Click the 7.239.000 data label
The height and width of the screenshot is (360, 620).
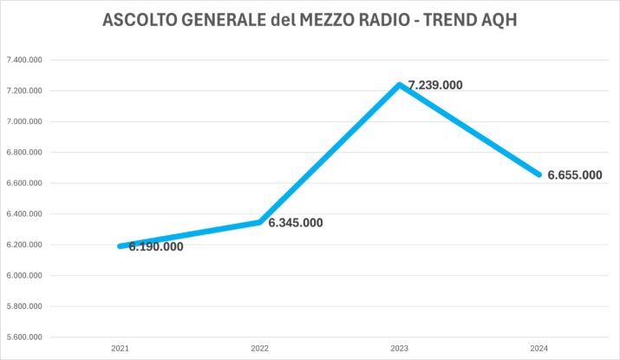pyautogui.click(x=435, y=85)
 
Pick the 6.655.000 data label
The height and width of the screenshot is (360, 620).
pyautogui.click(x=575, y=175)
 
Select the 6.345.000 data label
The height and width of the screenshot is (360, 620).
pyautogui.click(x=296, y=223)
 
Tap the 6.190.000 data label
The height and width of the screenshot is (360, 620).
pyautogui.click(x=156, y=246)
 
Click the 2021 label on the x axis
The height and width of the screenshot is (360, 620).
pyautogui.click(x=120, y=348)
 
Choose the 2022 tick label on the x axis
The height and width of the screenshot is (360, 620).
pyautogui.click(x=259, y=348)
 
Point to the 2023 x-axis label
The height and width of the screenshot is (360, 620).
pyautogui.click(x=400, y=348)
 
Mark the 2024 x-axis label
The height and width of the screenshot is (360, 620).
pyautogui.click(x=539, y=348)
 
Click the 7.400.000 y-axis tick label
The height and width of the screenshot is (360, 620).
pyautogui.click(x=24, y=60)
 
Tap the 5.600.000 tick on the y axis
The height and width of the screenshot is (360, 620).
pyautogui.click(x=24, y=337)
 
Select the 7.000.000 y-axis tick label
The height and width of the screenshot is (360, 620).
pyautogui.click(x=24, y=121)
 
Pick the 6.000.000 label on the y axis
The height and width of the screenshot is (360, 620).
pyautogui.click(x=24, y=275)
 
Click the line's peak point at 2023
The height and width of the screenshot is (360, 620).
pyautogui.click(x=400, y=85)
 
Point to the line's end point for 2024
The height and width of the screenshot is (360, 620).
pyautogui.click(x=539, y=174)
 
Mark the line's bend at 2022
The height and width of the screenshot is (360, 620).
pyautogui.click(x=259, y=222)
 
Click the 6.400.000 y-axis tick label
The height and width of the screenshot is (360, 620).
pyautogui.click(x=24, y=214)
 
